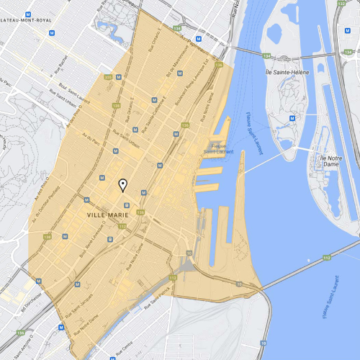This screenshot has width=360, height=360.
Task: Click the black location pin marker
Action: point(123,186)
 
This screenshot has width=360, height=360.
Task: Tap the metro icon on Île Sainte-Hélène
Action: point(292,117)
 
